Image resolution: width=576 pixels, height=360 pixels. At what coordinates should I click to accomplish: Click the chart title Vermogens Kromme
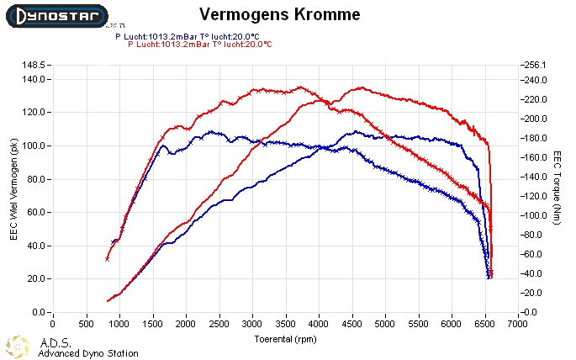[280, 14]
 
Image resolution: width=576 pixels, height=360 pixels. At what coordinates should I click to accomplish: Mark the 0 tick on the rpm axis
[52, 322]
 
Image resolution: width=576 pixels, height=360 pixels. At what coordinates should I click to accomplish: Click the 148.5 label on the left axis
[33, 65]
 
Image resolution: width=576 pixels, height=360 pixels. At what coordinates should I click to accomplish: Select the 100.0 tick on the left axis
[33, 146]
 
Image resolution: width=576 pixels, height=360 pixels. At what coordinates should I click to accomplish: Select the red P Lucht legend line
[200, 44]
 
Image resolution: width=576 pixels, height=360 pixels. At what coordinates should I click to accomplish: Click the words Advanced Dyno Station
[87, 353]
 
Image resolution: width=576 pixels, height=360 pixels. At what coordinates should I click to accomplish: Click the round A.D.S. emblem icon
[18, 347]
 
